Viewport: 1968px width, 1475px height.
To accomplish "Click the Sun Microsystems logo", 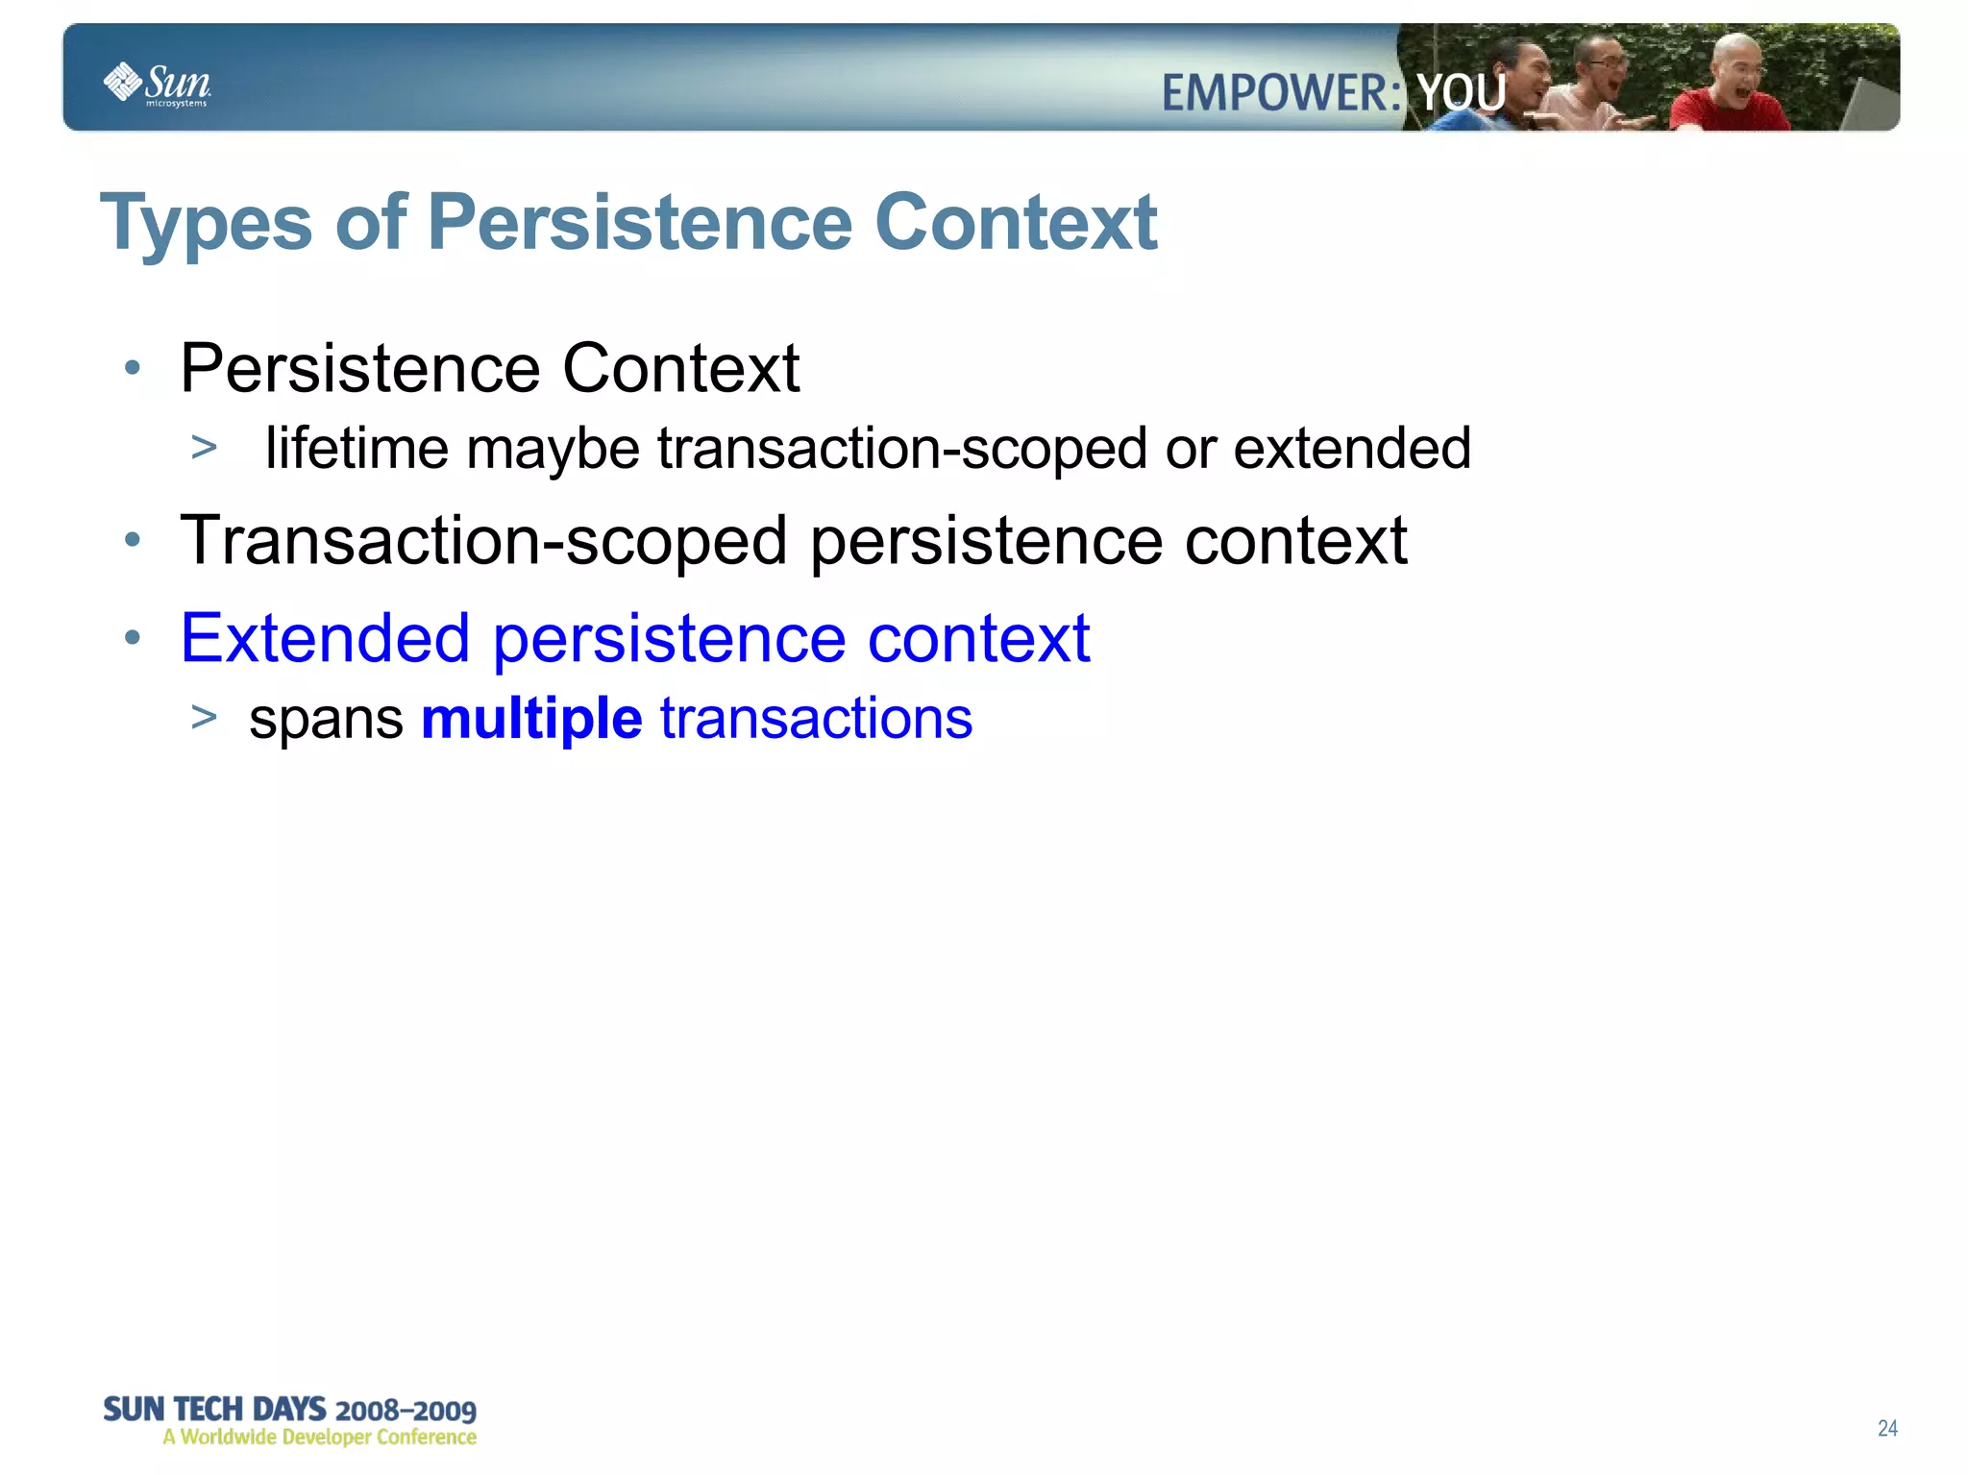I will click(x=157, y=85).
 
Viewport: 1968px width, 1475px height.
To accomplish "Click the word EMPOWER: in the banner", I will click(x=1281, y=94).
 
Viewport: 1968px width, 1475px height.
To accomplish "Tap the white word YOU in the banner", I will click(x=1462, y=94).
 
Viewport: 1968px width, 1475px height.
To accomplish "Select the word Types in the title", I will click(x=206, y=224).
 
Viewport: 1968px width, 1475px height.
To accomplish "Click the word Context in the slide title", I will click(x=1016, y=222).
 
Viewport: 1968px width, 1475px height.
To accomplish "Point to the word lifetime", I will click(x=357, y=448).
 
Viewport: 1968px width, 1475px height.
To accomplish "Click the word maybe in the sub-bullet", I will click(x=553, y=450).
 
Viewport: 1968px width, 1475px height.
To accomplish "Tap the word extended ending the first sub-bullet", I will click(x=1351, y=448).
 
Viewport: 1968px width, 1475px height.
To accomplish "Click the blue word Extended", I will click(x=325, y=638).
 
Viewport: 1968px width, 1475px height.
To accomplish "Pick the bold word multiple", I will click(x=531, y=719).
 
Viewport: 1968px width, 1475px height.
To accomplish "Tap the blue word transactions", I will click(x=816, y=719).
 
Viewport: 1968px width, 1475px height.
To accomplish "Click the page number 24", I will click(x=1886, y=1428).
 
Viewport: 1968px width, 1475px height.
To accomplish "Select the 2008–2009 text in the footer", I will click(x=406, y=1411).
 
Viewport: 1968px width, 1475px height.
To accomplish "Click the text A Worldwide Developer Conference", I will click(x=319, y=1438).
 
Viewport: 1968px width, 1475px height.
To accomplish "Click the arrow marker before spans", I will click(x=204, y=717).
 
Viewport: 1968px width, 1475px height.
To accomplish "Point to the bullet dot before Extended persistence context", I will click(x=133, y=637).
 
